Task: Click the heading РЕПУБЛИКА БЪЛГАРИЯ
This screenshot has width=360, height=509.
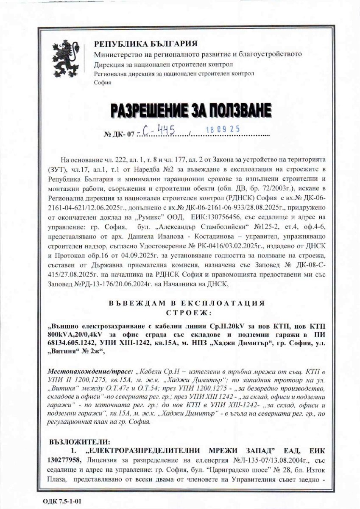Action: [145, 44]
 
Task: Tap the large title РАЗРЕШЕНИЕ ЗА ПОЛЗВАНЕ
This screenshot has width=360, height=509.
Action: [191, 111]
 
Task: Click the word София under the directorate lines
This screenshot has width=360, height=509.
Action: [102, 83]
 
